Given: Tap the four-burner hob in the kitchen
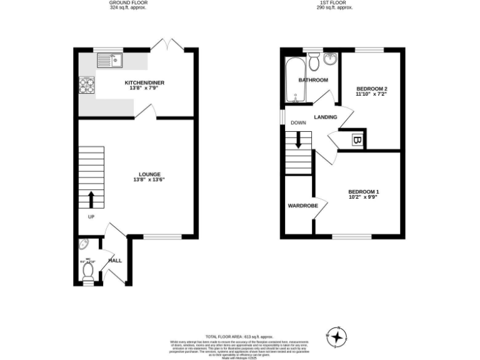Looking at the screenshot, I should pyautogui.click(x=86, y=84).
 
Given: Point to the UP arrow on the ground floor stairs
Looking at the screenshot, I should pyautogui.click(x=91, y=199).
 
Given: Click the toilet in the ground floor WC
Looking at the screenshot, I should pyautogui.click(x=88, y=269).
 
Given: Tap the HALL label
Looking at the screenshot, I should pyautogui.click(x=115, y=260).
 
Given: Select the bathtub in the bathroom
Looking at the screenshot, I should pyautogui.click(x=293, y=81).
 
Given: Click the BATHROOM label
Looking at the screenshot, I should pyautogui.click(x=312, y=80).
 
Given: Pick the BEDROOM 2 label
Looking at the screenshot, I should pyautogui.click(x=367, y=91).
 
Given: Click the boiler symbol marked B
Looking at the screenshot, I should pyautogui.click(x=356, y=141).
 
